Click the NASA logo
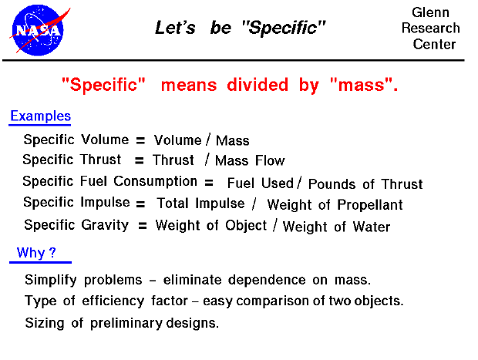pyautogui.click(x=36, y=29)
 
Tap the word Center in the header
pyautogui.click(x=435, y=44)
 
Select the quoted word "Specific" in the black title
pyautogui.click(x=283, y=29)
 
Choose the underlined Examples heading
pyautogui.click(x=40, y=116)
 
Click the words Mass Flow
pyautogui.click(x=250, y=161)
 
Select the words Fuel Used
pyautogui.click(x=261, y=183)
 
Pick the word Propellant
pyautogui.click(x=369, y=205)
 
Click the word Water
pyautogui.click(x=369, y=227)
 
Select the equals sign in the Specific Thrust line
pyautogui.click(x=139, y=161)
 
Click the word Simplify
pyautogui.click(x=50, y=280)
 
